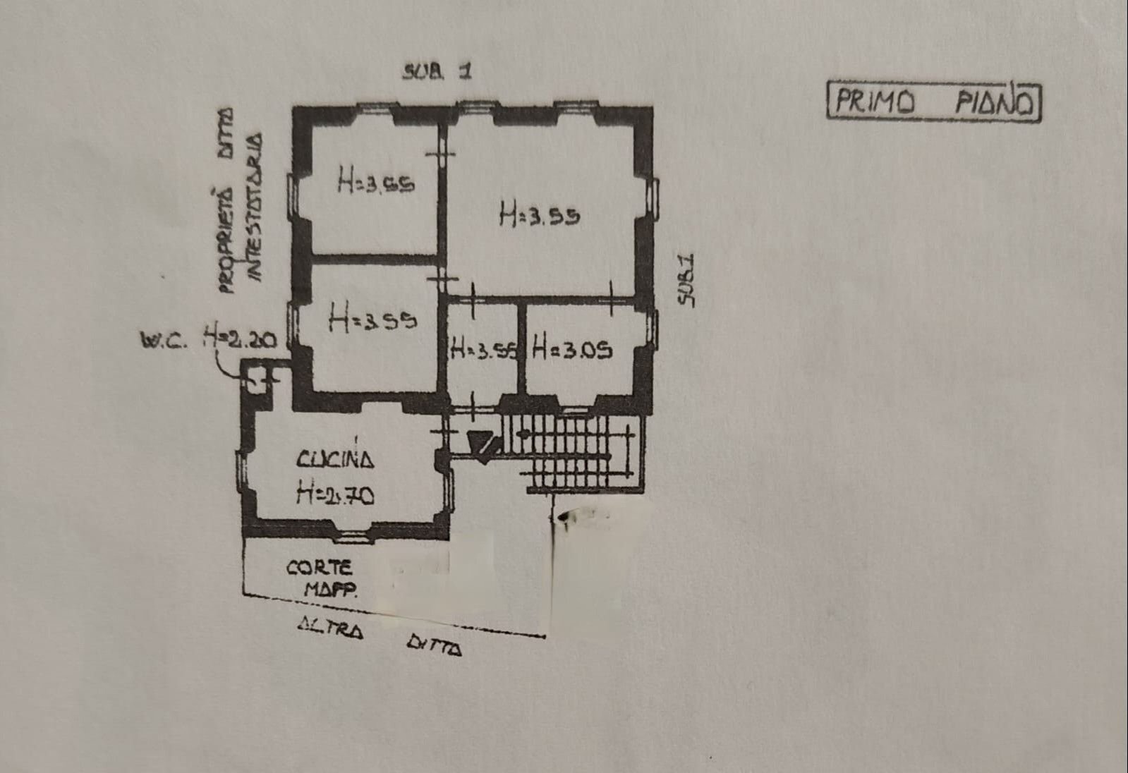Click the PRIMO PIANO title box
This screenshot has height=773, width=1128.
coord(933,102)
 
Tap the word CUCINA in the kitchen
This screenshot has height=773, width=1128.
coord(335,460)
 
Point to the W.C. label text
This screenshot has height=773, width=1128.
coord(163,341)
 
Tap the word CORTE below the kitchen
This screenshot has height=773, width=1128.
coord(319,567)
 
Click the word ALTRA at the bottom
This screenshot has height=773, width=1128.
coord(330,626)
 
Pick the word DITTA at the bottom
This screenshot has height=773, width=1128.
coord(435,644)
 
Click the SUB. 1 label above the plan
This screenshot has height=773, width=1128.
coord(437,71)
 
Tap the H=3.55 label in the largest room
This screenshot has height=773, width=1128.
coord(540,214)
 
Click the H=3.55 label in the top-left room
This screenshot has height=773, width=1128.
coord(375,182)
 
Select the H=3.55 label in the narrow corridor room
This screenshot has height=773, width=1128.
coord(484,349)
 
